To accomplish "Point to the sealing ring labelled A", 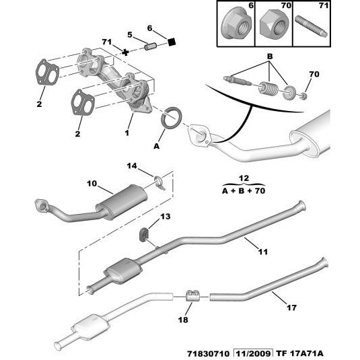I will (x=174, y=116).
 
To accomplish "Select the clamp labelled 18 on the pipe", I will (x=191, y=295).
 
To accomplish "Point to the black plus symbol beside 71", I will (x=124, y=51).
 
